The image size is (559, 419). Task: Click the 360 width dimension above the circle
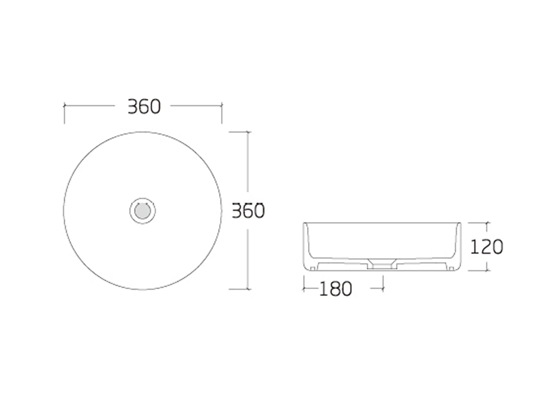(x=144, y=107)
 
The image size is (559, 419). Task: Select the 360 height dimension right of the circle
(x=248, y=211)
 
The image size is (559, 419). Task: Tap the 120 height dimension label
(x=486, y=247)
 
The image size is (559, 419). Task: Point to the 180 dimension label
(x=335, y=289)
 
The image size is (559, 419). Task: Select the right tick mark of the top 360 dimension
(x=222, y=106)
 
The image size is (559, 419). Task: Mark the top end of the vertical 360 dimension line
(x=248, y=132)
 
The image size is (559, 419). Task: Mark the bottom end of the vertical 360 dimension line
(x=248, y=289)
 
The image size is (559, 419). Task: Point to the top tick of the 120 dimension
(x=487, y=223)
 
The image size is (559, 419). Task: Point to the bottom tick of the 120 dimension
(x=487, y=270)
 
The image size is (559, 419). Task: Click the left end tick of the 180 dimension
(x=304, y=288)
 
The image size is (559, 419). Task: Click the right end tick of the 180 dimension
(x=383, y=288)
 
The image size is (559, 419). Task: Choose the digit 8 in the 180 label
(x=335, y=289)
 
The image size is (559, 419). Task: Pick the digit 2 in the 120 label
(x=486, y=247)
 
